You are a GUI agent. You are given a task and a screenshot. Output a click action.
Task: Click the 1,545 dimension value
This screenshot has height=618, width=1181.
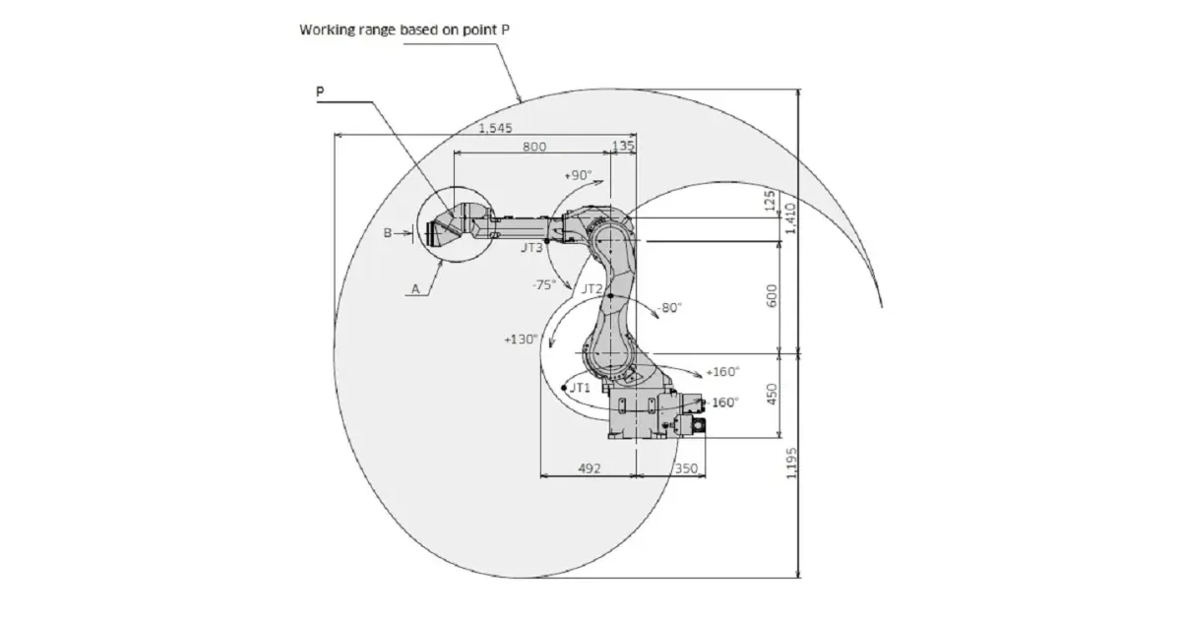pos(495,128)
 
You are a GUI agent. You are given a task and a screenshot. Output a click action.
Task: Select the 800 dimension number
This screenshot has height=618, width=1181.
pos(534,147)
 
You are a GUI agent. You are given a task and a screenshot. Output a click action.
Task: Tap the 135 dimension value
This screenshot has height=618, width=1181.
pos(623,145)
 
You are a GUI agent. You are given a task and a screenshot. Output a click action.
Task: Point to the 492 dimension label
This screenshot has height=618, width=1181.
pos(589,468)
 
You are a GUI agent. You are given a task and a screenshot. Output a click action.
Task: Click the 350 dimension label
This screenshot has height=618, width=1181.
pos(686,468)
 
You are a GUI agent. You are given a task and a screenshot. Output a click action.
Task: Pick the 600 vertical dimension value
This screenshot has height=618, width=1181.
pos(772,296)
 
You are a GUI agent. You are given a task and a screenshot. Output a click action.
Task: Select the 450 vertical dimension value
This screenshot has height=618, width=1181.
pos(772,395)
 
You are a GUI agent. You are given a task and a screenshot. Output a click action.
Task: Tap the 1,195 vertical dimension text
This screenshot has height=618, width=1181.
pos(791,463)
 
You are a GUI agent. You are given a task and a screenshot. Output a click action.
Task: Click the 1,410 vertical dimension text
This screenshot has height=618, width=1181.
pos(791,218)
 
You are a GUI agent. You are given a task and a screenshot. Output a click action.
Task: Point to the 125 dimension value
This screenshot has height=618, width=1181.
pos(770,202)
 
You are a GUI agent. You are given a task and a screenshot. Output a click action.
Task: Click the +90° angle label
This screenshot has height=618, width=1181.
pos(578,175)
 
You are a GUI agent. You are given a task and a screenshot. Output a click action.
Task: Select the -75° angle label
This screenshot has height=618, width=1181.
pos(544,284)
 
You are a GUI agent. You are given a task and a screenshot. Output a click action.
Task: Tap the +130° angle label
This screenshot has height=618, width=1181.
pos(521,340)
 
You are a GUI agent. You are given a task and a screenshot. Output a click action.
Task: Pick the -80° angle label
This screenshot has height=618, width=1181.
pos(669,307)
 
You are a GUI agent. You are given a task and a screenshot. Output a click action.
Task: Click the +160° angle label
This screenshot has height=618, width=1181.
pos(722,372)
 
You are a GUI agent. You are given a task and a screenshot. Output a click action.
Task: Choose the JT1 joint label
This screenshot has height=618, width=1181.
pos(580,388)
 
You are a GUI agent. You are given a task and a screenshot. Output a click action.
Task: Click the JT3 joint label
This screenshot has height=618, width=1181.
pos(531,247)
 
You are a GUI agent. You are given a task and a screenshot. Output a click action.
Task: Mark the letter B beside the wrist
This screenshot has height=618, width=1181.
pos(388,233)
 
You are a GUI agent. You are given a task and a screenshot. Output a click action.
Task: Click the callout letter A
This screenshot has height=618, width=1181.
pos(415,289)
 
